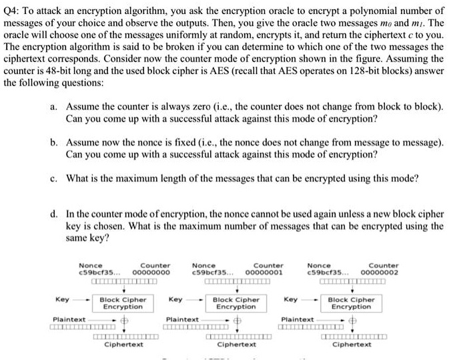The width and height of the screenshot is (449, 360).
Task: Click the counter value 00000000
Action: point(151,273)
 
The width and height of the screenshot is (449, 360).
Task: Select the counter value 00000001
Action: point(264,273)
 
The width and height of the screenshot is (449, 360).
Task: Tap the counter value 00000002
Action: point(380,273)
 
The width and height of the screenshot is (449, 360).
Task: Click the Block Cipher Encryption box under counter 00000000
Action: point(123,303)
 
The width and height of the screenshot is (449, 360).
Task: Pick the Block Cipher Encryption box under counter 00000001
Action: point(236,303)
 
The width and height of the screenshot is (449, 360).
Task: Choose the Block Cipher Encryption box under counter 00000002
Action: point(351,303)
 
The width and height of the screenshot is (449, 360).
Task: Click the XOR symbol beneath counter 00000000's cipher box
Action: point(124,320)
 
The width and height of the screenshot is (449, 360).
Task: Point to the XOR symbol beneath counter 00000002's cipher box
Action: point(352,320)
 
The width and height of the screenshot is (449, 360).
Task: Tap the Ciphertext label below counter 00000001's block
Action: point(237,345)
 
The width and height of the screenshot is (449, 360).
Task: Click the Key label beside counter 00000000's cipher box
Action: point(63,300)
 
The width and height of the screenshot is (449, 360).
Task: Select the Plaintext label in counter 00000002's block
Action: point(298,319)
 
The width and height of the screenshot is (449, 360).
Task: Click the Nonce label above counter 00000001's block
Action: point(203,266)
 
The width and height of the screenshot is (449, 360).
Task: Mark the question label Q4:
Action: point(11,11)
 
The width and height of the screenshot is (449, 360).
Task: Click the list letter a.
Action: point(53,107)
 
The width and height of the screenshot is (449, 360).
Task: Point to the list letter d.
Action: point(53,214)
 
